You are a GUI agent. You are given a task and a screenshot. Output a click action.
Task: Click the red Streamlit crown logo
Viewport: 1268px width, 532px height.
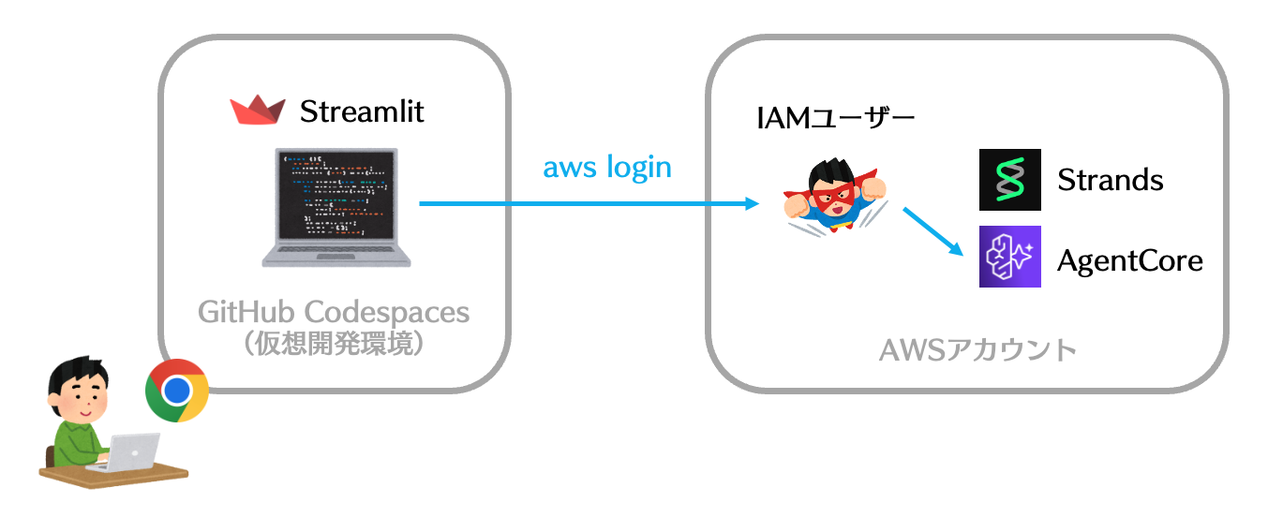pos(258,111)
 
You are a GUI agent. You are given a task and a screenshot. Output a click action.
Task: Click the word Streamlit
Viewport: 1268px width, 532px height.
pos(362,112)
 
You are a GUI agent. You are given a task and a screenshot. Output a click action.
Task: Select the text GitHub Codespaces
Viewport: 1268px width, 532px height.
pos(334,311)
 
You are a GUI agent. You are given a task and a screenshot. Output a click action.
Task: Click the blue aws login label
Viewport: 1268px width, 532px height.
pos(607,167)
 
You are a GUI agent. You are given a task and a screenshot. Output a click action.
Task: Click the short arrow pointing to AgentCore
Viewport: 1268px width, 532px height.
pos(933,231)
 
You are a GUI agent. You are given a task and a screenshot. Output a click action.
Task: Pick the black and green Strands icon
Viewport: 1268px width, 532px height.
pos(1009,179)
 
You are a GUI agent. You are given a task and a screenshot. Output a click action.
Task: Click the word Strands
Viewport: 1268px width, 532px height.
pos(1110,179)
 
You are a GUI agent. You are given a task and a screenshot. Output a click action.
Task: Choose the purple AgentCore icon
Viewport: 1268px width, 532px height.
pos(1009,257)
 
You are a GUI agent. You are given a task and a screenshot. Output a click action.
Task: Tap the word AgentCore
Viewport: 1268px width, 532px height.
pos(1129,259)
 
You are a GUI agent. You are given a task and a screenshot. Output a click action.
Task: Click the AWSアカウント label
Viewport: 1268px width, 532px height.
pos(977,350)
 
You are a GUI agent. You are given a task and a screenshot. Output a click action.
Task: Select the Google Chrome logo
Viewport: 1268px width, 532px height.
pos(177,391)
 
